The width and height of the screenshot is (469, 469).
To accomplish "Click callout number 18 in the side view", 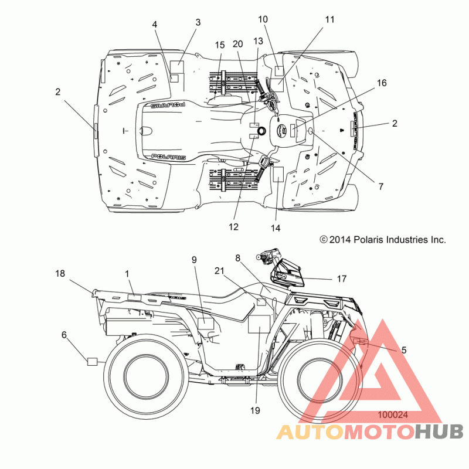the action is point(60,273).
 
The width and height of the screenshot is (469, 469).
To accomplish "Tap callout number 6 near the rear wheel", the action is point(64,335).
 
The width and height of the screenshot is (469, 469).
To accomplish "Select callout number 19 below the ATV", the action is point(255,411).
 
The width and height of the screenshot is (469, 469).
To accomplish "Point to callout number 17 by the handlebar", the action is point(342,279).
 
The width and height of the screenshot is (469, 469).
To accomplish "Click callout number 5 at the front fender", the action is point(404,350).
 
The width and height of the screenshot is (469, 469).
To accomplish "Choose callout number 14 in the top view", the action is point(276,228).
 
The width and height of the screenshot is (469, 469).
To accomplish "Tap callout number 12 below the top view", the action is point(233,227).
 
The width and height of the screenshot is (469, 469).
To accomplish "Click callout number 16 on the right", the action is point(382,83).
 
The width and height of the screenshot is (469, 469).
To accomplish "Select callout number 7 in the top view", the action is point(380,186).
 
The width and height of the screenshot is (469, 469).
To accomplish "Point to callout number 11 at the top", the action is point(329,20).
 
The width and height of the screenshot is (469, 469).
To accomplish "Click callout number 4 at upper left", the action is point(154,25).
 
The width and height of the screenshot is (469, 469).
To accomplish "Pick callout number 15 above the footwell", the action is point(220,45).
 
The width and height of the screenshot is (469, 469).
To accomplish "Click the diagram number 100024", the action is point(393,415).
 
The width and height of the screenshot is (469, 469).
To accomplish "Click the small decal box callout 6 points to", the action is point(92,362).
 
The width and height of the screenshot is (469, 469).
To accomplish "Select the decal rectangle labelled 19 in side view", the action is point(259,325).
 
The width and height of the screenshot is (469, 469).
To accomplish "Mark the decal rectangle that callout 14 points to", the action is point(278,175).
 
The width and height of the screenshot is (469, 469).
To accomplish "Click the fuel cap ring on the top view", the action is point(261,131).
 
